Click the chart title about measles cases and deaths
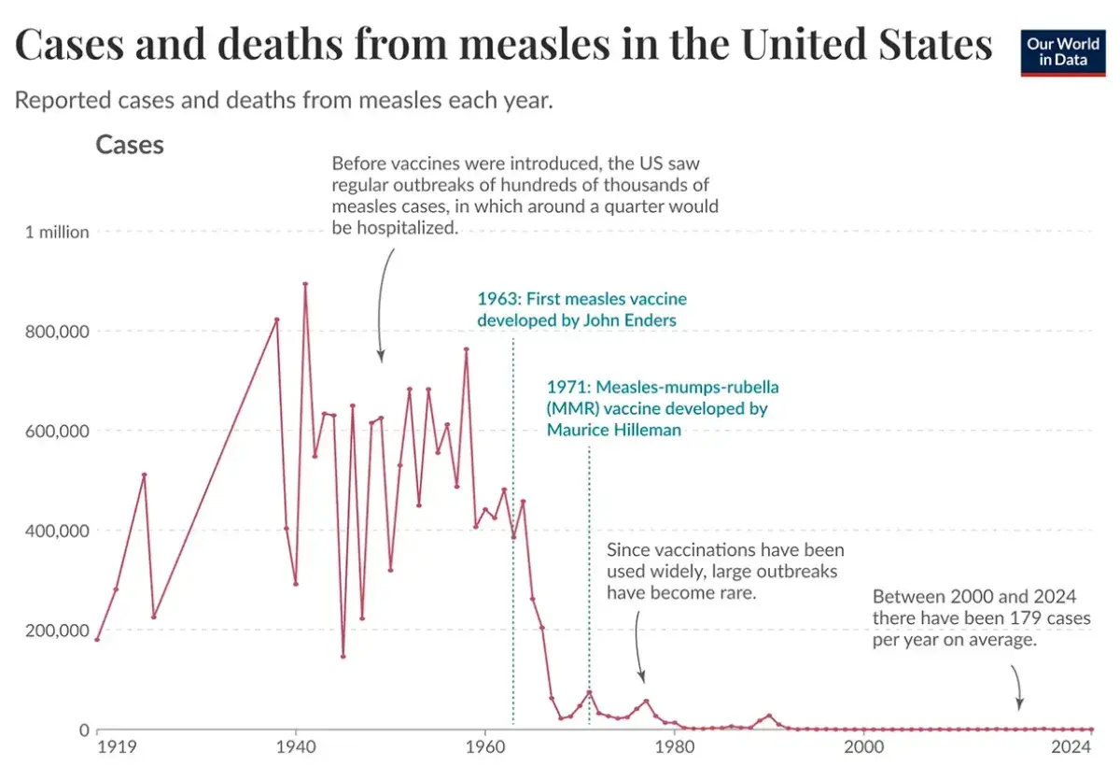click(503, 45)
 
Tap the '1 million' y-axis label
click(57, 233)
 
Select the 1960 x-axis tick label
click(485, 748)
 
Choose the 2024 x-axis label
click(1071, 748)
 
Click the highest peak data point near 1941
click(305, 284)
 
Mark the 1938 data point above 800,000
click(276, 319)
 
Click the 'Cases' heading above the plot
click(130, 145)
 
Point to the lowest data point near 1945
click(343, 656)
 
